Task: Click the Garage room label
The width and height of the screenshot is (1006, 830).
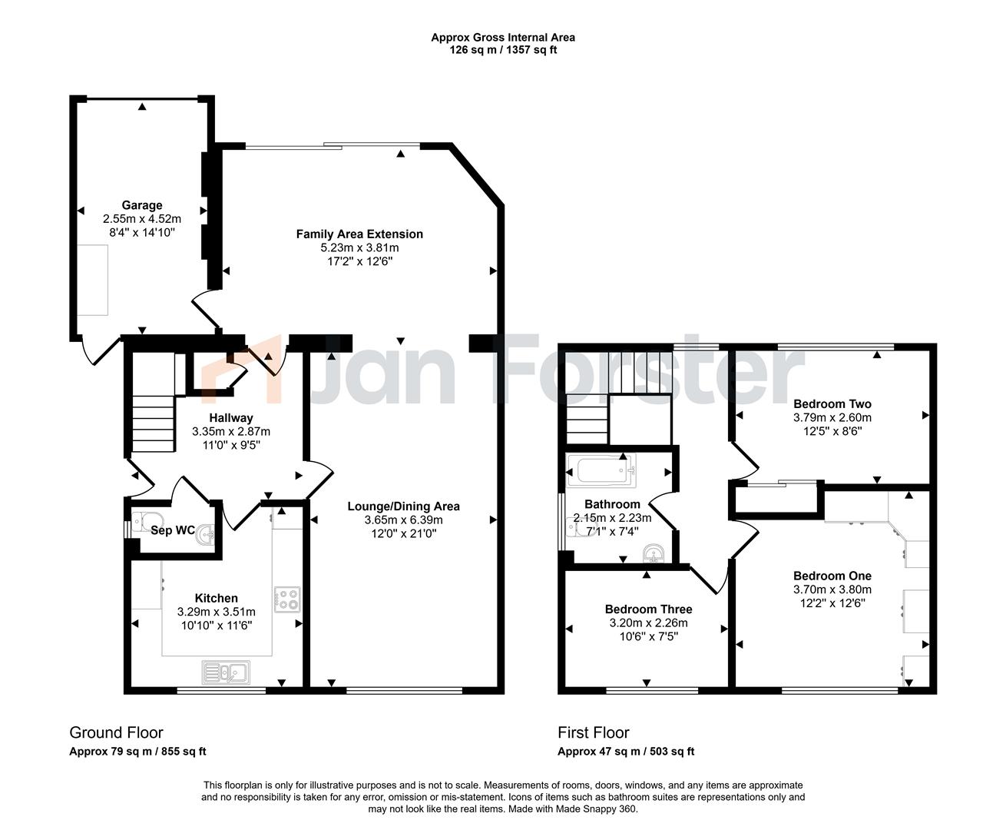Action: point(141,205)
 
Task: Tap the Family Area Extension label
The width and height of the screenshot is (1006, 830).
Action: point(359,234)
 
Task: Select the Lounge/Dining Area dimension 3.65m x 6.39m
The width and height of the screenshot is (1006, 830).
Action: point(403,520)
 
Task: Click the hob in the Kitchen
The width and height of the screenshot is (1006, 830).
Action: point(287,599)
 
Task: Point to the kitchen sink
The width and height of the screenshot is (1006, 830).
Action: point(226,672)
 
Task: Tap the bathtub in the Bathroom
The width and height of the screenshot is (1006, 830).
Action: point(602,470)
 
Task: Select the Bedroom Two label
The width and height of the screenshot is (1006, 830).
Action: point(832,404)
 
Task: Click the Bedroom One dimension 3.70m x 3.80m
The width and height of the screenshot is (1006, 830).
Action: point(832,589)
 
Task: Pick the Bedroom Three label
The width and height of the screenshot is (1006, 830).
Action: point(648,609)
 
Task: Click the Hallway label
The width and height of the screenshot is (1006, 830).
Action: point(231,418)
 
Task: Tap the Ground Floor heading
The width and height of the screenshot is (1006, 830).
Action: point(116,732)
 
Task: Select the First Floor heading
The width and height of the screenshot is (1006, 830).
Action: point(593,732)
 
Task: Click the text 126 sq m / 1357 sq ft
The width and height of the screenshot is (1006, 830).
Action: point(503,50)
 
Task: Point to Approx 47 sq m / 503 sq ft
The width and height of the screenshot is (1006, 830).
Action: point(626,752)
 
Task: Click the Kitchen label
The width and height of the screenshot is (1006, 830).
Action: point(216,599)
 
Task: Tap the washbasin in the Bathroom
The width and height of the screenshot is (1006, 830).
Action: point(654,553)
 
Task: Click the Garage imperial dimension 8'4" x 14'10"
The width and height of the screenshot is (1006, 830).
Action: point(141,232)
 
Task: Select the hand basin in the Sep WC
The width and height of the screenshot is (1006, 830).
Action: point(206,535)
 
